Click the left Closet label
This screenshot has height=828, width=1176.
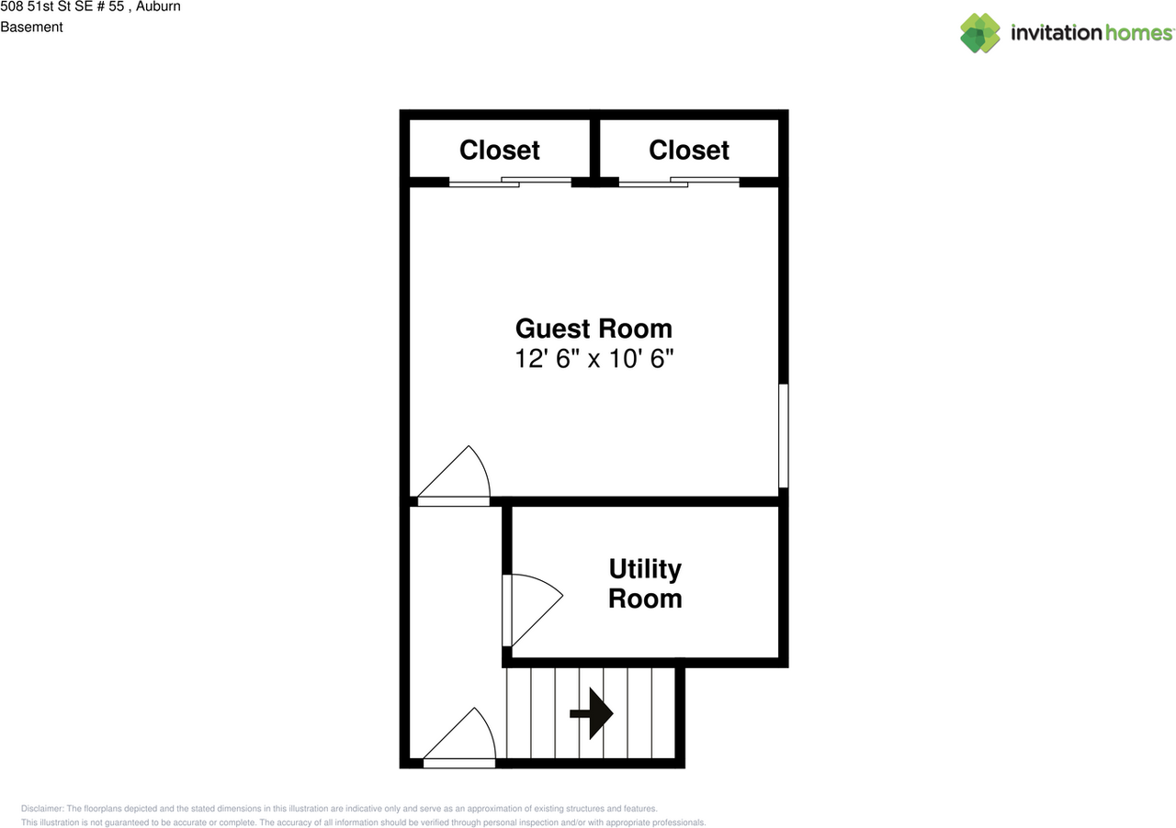(x=499, y=150)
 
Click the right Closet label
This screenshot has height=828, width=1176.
(x=689, y=150)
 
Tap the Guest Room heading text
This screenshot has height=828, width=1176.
(x=594, y=329)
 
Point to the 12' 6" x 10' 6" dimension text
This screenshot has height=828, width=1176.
(x=594, y=359)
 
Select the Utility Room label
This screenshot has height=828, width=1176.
(x=645, y=584)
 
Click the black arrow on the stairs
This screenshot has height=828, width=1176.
(x=592, y=713)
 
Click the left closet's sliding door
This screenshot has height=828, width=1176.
(x=510, y=182)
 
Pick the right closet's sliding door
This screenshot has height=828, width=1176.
(x=679, y=182)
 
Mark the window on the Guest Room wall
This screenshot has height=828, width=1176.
(x=784, y=435)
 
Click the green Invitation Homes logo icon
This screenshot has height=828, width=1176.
(x=980, y=33)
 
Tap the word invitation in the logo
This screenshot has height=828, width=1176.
(x=1057, y=32)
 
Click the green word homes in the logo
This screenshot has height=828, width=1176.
(x=1138, y=32)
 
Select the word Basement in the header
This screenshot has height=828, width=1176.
(x=31, y=27)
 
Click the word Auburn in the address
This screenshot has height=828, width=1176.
(x=158, y=6)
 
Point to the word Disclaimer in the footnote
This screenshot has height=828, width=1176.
(x=42, y=809)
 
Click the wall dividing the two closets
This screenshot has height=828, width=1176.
(x=594, y=149)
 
